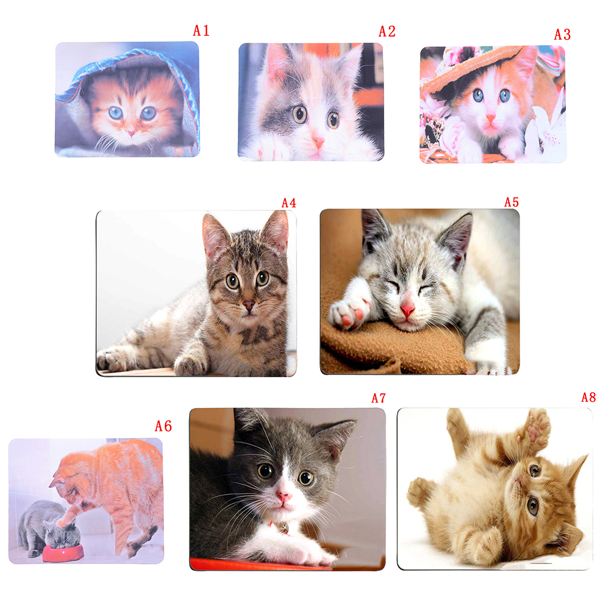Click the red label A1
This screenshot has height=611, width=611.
(x=201, y=30)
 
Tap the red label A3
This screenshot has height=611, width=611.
(x=562, y=35)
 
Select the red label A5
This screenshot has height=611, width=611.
(x=511, y=202)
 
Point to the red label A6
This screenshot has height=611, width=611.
(x=163, y=426)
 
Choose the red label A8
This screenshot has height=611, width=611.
(x=588, y=397)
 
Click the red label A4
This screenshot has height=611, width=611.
(x=289, y=202)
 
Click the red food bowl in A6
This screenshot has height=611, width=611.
(x=63, y=552)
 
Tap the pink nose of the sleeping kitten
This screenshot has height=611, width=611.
(x=407, y=310)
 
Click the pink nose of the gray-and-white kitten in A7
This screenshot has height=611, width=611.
(x=284, y=496)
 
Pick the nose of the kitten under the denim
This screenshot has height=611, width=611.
(x=131, y=134)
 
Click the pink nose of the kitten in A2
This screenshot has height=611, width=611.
(x=317, y=142)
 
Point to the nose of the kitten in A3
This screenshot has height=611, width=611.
(x=491, y=118)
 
